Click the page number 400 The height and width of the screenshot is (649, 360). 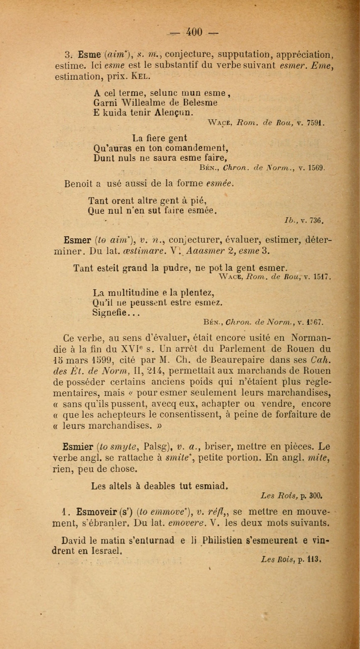(194, 32)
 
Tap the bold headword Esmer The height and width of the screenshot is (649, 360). (77, 240)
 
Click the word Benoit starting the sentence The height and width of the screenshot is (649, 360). (80, 184)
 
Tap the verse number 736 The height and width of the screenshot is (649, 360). (316, 221)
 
